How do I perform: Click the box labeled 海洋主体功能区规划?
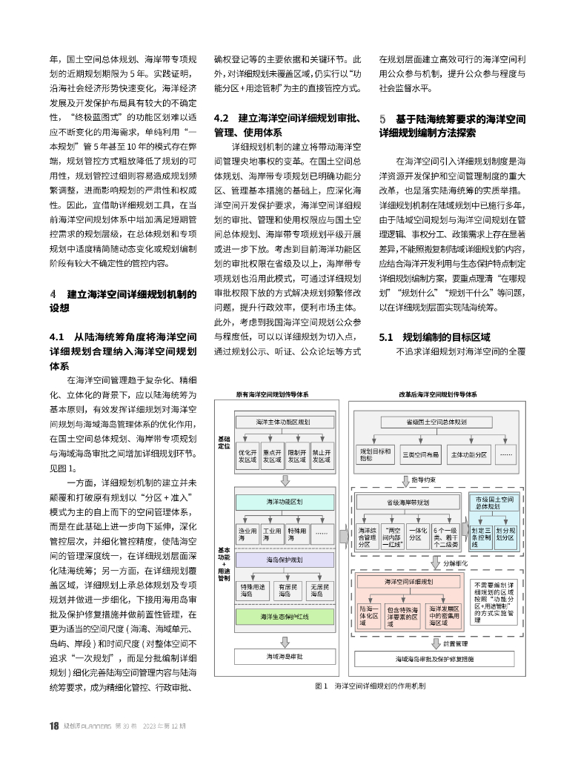[283, 422]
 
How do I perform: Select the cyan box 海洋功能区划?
[283, 502]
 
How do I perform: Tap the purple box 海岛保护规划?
[283, 560]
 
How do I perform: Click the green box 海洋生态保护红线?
[283, 617]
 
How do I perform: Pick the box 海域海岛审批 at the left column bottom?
[283, 657]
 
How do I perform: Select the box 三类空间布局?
[419, 454]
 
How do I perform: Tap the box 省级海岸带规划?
[408, 502]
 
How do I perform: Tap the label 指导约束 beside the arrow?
[425, 480]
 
